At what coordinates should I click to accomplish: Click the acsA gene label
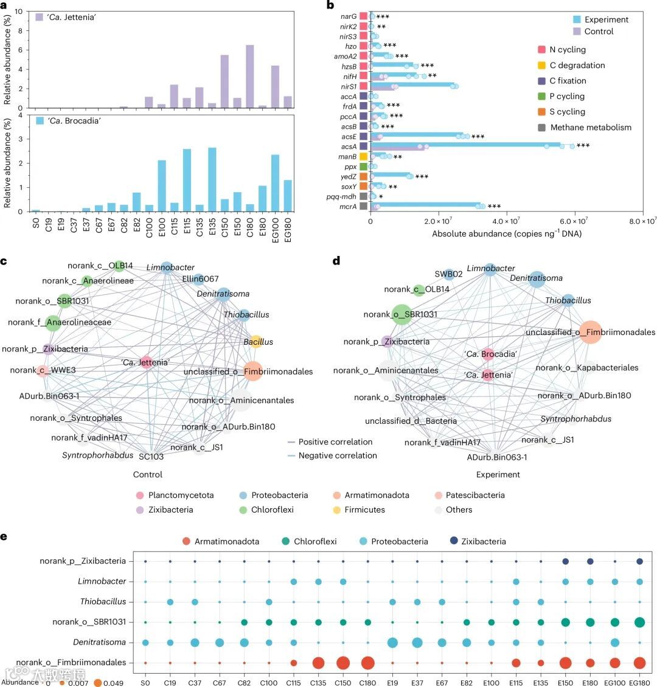tap(349, 147)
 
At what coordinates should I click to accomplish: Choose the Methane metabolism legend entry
tap(590, 128)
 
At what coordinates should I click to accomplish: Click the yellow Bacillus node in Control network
tap(256, 342)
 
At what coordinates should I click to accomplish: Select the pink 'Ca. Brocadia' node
tap(487, 354)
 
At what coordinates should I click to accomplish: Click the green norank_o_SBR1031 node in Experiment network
tap(401, 314)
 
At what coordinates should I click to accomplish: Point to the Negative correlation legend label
tap(337, 455)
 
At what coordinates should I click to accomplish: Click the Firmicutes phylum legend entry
tap(364, 509)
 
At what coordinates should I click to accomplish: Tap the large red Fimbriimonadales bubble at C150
tap(343, 663)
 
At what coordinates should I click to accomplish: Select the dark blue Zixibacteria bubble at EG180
tap(639, 561)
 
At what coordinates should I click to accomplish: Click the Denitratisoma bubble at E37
tap(417, 643)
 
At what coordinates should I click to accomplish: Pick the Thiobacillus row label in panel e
tap(103, 602)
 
